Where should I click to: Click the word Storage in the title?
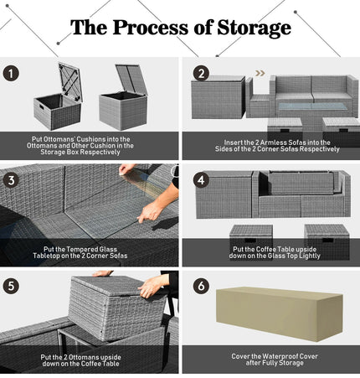[x=254, y=28]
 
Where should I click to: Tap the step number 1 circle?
[x=11, y=74]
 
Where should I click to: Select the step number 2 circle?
[x=201, y=74]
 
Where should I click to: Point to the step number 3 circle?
[x=11, y=180]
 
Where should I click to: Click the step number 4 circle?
[x=201, y=180]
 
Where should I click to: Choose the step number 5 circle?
[x=11, y=286]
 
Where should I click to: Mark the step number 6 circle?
[x=201, y=286]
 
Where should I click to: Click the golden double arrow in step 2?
[x=260, y=73]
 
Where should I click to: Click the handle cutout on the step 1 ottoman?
[x=41, y=107]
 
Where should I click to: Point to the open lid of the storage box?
[x=131, y=79]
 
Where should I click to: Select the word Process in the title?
[x=151, y=28]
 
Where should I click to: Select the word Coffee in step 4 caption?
[x=267, y=249]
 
